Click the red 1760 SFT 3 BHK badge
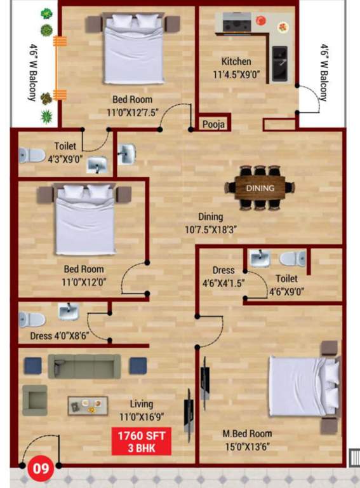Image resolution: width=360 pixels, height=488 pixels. (x=142, y=442)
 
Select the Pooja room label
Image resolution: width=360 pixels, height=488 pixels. (x=213, y=125)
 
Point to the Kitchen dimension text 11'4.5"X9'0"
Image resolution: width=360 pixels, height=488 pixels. (x=245, y=74)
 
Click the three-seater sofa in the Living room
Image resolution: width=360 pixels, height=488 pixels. (x=84, y=367)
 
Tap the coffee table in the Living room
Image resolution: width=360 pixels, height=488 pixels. (x=87, y=405)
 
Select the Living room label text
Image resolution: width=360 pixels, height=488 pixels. (x=142, y=404)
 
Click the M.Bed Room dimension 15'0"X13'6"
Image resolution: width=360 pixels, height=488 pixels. (x=247, y=446)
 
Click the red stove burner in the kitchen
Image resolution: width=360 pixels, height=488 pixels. (x=260, y=21)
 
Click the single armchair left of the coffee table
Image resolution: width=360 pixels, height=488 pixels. (x=34, y=399)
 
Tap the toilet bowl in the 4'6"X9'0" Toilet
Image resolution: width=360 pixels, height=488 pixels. (x=293, y=258)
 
